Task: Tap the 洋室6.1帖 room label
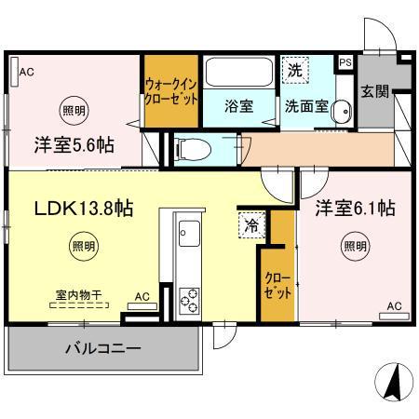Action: point(354,208)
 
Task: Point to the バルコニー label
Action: point(102,350)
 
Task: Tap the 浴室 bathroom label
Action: point(238,106)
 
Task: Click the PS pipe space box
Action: point(345,62)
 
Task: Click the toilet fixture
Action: point(192,147)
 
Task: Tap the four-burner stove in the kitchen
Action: point(189,299)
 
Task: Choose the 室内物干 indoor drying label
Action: point(78,294)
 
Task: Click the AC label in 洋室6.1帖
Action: point(394,305)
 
